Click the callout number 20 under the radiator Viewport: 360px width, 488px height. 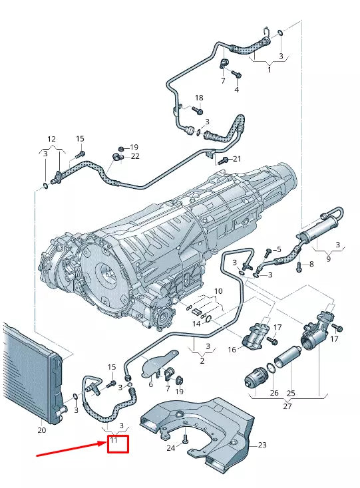[42, 430]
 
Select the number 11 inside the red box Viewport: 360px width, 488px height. [114, 440]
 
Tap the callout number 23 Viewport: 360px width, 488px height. [262, 445]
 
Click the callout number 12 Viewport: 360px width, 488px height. [51, 139]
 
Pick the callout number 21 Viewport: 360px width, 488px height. [238, 159]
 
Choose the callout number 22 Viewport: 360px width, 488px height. [135, 156]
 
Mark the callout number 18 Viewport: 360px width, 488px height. [198, 98]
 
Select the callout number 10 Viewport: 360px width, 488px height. [218, 291]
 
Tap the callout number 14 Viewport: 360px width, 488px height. [196, 324]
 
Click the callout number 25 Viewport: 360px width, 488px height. [291, 393]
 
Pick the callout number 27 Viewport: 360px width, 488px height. [287, 406]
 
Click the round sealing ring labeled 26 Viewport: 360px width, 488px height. [271, 367]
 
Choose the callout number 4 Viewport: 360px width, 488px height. [236, 90]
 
